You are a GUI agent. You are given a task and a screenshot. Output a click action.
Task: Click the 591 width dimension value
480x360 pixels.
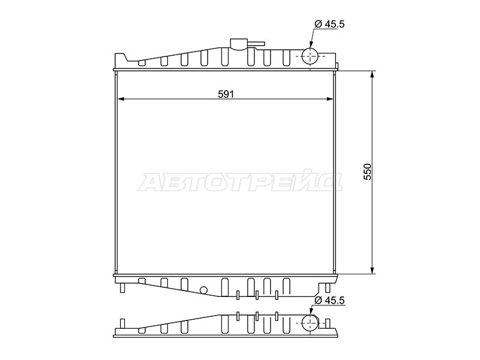tap(226, 94)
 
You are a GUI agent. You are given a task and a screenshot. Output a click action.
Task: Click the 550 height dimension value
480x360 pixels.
tap(367, 172)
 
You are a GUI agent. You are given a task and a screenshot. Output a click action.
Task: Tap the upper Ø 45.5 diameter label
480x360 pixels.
tap(329, 24)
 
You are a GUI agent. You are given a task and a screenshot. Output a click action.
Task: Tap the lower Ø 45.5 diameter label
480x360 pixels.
tap(329, 301)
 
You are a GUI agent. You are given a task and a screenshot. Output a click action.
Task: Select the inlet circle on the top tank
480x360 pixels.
tap(310, 56)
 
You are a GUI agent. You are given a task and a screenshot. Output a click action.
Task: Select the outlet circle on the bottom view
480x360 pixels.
tap(310, 323)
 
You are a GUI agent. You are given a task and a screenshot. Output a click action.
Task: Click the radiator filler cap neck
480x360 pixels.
tap(239, 44)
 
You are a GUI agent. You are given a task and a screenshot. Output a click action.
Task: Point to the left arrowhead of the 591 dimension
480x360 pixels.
tap(121, 99)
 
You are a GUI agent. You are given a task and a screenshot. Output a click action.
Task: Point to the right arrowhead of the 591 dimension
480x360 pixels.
tap(329, 99)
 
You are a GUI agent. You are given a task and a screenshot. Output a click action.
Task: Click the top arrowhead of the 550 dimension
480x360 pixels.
tap(372, 74)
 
